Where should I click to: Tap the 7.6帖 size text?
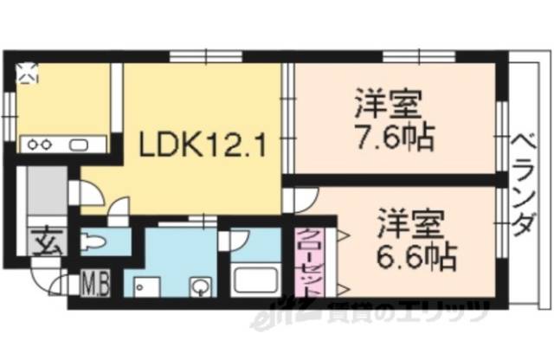[x=393, y=138]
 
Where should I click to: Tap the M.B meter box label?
[x=94, y=282]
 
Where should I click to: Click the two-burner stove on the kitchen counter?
[x=38, y=145]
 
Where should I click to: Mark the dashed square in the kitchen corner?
[x=29, y=73]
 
